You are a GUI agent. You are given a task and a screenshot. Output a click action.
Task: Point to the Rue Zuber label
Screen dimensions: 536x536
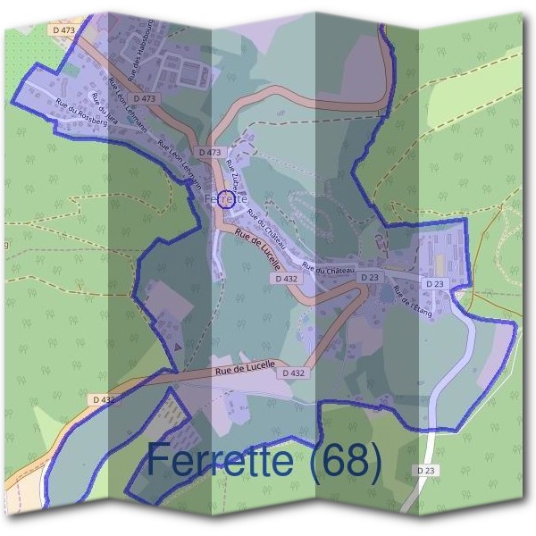point(232,172)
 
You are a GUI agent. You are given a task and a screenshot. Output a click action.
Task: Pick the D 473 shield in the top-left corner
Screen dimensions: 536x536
point(63,29)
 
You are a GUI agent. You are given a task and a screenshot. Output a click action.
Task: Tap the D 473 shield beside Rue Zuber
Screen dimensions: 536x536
point(210,153)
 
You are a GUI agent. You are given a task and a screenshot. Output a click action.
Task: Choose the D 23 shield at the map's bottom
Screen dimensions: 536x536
point(425,470)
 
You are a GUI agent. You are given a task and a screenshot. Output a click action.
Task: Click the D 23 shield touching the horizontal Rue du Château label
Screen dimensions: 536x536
point(370,278)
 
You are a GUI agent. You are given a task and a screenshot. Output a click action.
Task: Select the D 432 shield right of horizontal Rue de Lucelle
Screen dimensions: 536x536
point(293,373)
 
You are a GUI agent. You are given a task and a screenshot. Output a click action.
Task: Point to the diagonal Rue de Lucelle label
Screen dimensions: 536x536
point(260,251)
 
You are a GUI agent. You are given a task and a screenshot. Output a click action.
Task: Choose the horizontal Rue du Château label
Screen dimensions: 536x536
point(328,269)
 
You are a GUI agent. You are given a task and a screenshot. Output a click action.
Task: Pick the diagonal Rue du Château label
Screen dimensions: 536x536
point(265,228)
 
